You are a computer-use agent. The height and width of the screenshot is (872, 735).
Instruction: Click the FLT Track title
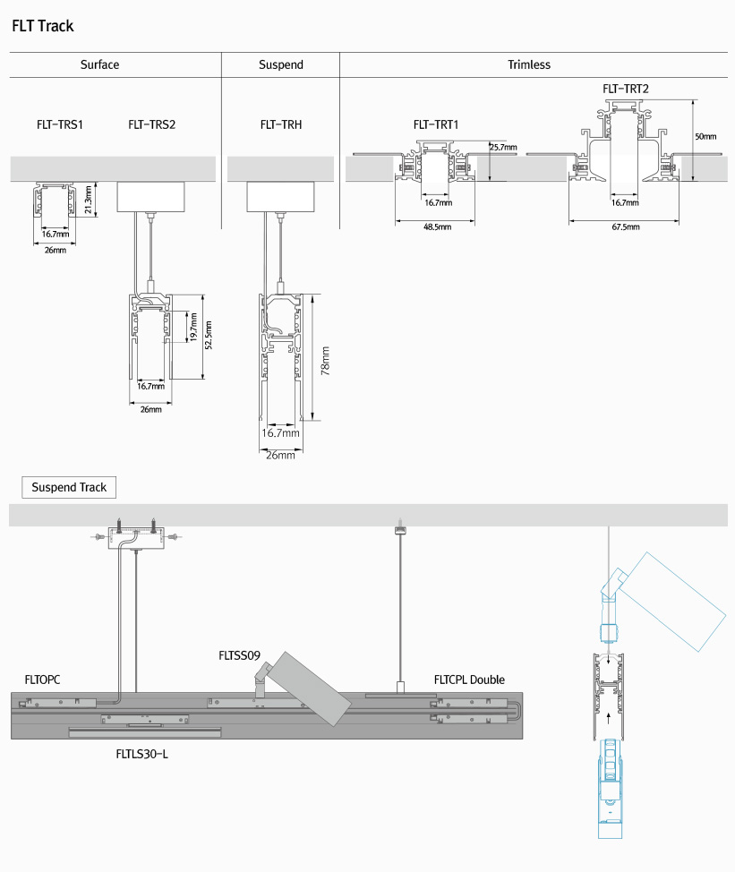(43, 26)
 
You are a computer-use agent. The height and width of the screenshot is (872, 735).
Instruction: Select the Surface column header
(99, 64)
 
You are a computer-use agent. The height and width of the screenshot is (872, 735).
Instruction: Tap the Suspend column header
(281, 64)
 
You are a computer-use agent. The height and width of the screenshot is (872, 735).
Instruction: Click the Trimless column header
(529, 64)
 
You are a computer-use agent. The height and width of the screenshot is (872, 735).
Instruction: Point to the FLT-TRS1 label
(60, 124)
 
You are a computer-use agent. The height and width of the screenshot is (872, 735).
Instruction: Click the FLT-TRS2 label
(152, 124)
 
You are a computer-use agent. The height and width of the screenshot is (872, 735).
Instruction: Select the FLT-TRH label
(281, 124)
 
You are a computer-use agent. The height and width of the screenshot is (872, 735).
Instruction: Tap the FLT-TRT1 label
(436, 124)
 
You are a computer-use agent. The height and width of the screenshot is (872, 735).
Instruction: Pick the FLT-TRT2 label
(626, 89)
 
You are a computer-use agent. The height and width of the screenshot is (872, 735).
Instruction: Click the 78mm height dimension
(326, 363)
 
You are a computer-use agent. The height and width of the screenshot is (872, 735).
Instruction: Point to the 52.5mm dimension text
(208, 337)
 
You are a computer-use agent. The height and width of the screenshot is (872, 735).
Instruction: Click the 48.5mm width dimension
(438, 227)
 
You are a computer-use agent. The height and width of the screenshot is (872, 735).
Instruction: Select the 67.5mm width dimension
(626, 227)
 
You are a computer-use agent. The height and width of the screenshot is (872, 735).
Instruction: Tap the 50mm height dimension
(705, 137)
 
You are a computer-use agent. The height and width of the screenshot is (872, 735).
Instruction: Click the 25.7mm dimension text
(503, 147)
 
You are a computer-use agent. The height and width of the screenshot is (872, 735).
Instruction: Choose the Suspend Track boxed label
(69, 487)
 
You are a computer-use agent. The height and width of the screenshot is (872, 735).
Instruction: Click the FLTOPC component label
(43, 680)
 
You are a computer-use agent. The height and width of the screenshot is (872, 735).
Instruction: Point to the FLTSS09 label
(239, 655)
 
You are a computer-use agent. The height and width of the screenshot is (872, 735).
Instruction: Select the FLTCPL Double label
(469, 680)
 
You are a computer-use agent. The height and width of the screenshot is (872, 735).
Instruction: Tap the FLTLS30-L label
(142, 754)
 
